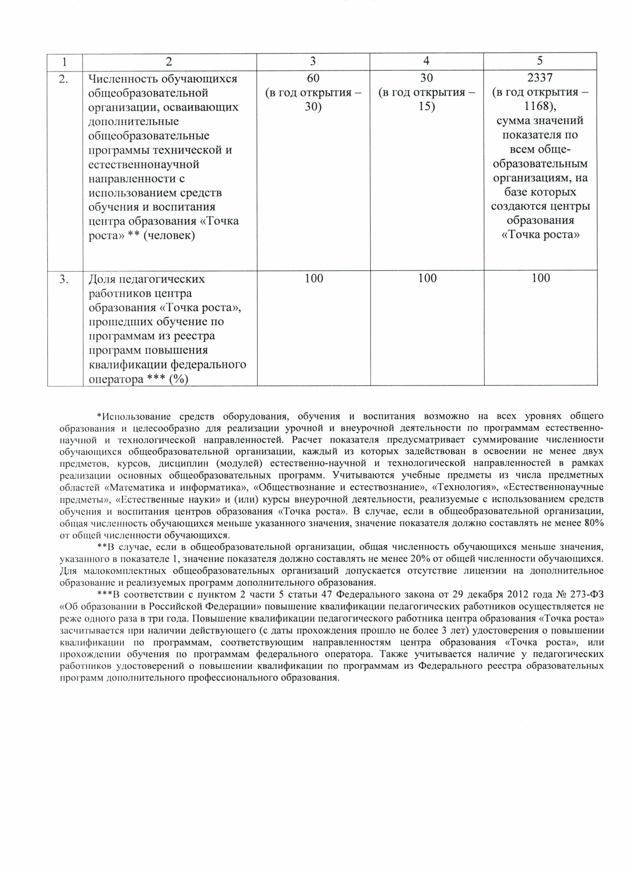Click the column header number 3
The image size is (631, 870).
(313, 61)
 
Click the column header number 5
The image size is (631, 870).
(540, 61)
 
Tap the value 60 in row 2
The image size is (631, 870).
(313, 78)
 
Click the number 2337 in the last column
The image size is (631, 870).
(540, 78)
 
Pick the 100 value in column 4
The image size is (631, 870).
(427, 279)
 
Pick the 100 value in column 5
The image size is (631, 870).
(541, 279)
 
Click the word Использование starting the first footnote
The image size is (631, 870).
(133, 416)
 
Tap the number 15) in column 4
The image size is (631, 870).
(427, 107)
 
